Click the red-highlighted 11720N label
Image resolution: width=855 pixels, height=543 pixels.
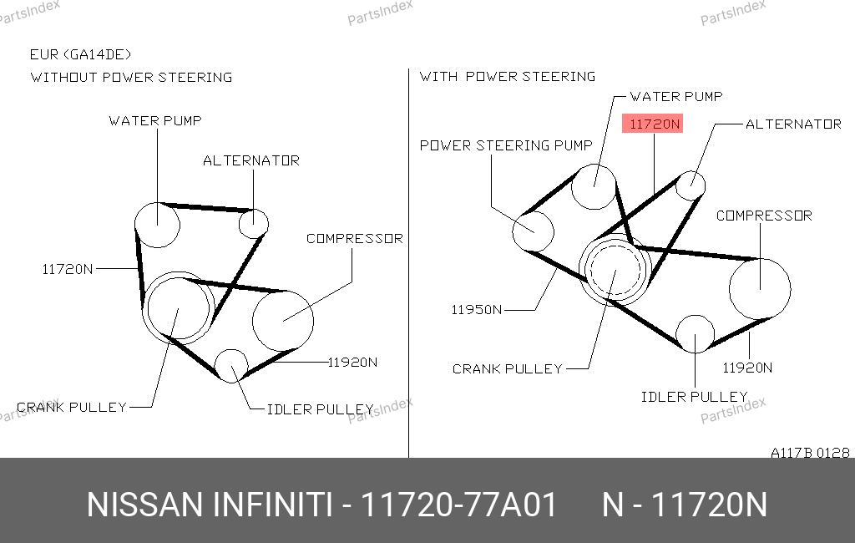(x=653, y=124)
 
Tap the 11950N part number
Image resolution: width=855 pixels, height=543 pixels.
(x=477, y=310)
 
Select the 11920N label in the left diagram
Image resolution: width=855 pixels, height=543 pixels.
(x=352, y=363)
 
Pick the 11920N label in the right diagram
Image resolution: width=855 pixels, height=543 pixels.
(x=747, y=368)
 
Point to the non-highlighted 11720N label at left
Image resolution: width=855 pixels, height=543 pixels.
(x=68, y=269)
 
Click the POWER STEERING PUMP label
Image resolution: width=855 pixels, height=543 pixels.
(x=506, y=145)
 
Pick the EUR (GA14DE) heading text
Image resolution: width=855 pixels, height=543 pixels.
(x=81, y=54)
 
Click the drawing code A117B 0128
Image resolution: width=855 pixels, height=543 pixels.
(x=810, y=453)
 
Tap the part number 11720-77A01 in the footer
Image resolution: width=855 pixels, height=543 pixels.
(x=458, y=505)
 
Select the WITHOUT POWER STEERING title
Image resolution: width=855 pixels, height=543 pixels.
(x=131, y=78)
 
